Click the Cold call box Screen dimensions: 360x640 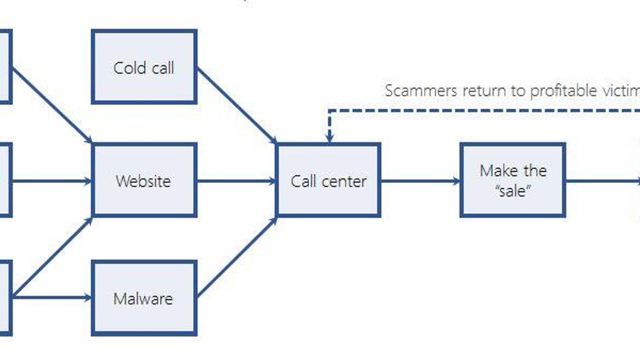pos(144,67)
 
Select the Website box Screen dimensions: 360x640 pos(144,180)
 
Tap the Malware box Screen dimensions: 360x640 pos(144,298)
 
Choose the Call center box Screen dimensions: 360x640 pos(328,180)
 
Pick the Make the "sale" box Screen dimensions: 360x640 pos(513,180)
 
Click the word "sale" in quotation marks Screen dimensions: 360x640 pos(513,190)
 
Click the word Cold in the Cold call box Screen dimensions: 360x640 pos(126,68)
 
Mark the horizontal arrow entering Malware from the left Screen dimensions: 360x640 pos(51,298)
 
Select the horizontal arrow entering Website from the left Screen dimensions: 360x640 pos(51,181)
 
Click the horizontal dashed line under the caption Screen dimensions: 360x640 pos(480,110)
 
